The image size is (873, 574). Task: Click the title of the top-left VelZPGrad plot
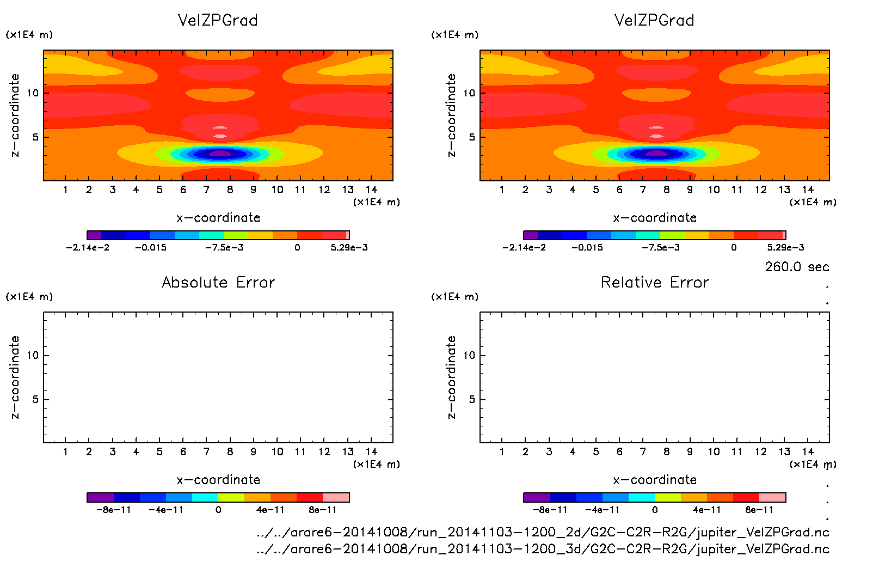(x=218, y=20)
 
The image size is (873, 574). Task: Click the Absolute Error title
(x=218, y=282)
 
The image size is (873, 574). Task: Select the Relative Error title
(x=655, y=282)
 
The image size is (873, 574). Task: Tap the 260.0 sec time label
(x=797, y=267)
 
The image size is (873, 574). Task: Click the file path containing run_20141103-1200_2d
(x=543, y=532)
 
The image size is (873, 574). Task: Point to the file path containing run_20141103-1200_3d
(x=543, y=548)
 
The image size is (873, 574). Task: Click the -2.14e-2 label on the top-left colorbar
(x=88, y=247)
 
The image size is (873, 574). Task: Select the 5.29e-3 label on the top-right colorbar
(x=785, y=247)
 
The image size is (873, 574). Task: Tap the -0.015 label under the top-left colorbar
(x=151, y=247)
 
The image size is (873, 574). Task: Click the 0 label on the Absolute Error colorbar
(x=218, y=510)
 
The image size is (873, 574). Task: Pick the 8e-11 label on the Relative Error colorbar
(x=759, y=510)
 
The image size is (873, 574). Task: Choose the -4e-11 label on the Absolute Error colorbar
(x=166, y=510)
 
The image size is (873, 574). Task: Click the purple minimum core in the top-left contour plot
(x=220, y=154)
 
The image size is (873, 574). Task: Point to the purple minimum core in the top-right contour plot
(x=656, y=154)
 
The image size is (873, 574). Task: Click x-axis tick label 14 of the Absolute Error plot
(x=371, y=451)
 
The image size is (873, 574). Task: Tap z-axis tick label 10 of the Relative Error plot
(x=469, y=355)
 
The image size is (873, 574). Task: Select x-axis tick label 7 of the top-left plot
(x=206, y=190)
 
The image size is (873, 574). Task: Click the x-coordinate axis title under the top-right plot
(x=655, y=217)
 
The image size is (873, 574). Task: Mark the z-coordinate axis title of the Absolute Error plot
(x=15, y=377)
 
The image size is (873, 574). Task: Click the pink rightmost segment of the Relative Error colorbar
(x=772, y=497)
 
